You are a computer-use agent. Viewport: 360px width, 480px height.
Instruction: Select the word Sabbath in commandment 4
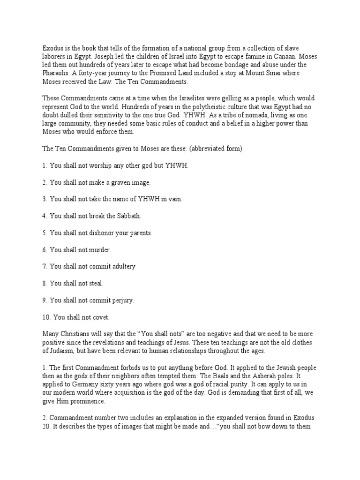127,216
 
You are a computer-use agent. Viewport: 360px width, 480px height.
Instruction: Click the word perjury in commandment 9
122,300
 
